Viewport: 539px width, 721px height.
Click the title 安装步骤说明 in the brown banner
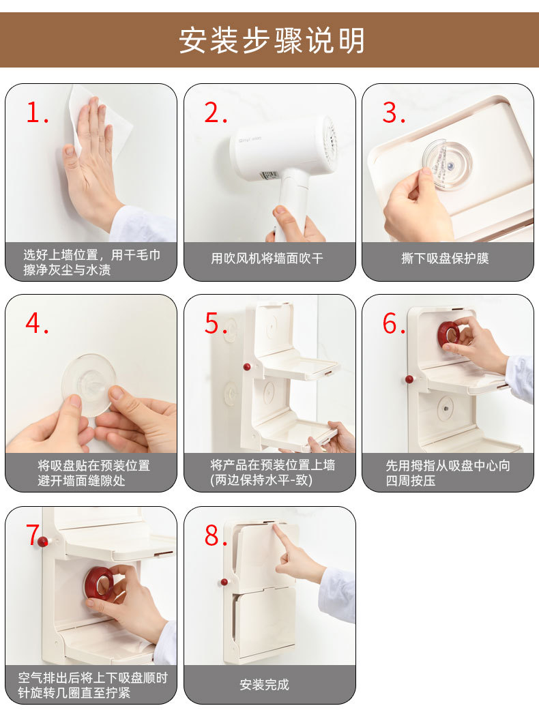pos(272,40)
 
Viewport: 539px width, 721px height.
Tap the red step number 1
pos(38,112)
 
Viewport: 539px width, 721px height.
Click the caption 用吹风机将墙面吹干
pos(267,259)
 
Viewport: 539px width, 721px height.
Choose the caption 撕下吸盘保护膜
pos(445,259)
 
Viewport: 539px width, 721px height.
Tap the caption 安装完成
pos(265,685)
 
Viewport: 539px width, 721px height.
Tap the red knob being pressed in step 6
pos(449,334)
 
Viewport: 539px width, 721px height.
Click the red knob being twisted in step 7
pos(100,582)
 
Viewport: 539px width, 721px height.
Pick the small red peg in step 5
pos(247,367)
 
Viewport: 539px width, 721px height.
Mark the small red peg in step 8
pos(224,582)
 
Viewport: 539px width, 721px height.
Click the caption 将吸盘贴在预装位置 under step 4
pos(94,466)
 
